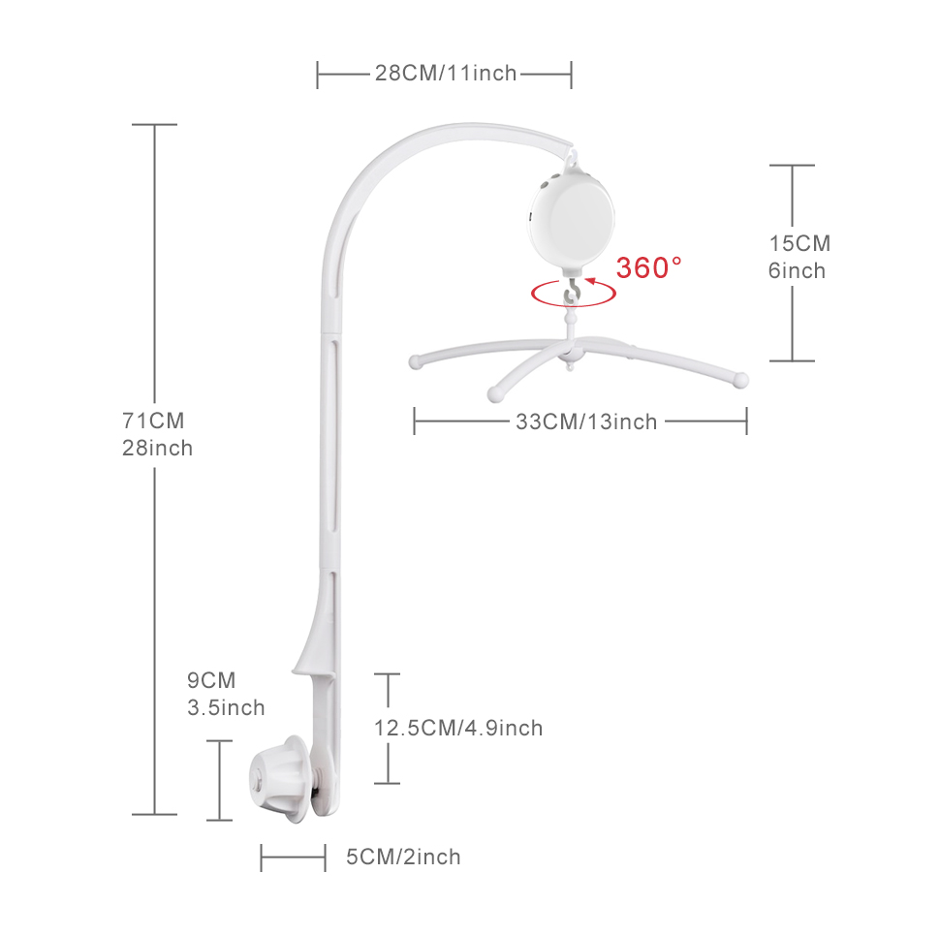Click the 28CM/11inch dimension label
[x=446, y=73]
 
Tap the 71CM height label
[x=153, y=421]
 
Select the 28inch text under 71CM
[x=158, y=449]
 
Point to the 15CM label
[x=799, y=243]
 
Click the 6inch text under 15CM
[x=797, y=271]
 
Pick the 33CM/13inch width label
[x=586, y=421]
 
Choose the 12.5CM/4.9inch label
[x=458, y=728]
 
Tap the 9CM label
[x=211, y=680]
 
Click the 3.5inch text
[x=226, y=707]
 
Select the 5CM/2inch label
[x=403, y=857]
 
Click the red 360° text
[x=648, y=267]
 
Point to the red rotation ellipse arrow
[x=573, y=305]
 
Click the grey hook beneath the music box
[x=573, y=294]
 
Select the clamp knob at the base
[x=280, y=779]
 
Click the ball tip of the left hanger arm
[x=415, y=362]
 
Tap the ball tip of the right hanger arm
[x=741, y=380]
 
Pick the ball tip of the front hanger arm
[x=496, y=393]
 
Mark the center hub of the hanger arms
[x=570, y=353]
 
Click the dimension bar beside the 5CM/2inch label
[x=294, y=858]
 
